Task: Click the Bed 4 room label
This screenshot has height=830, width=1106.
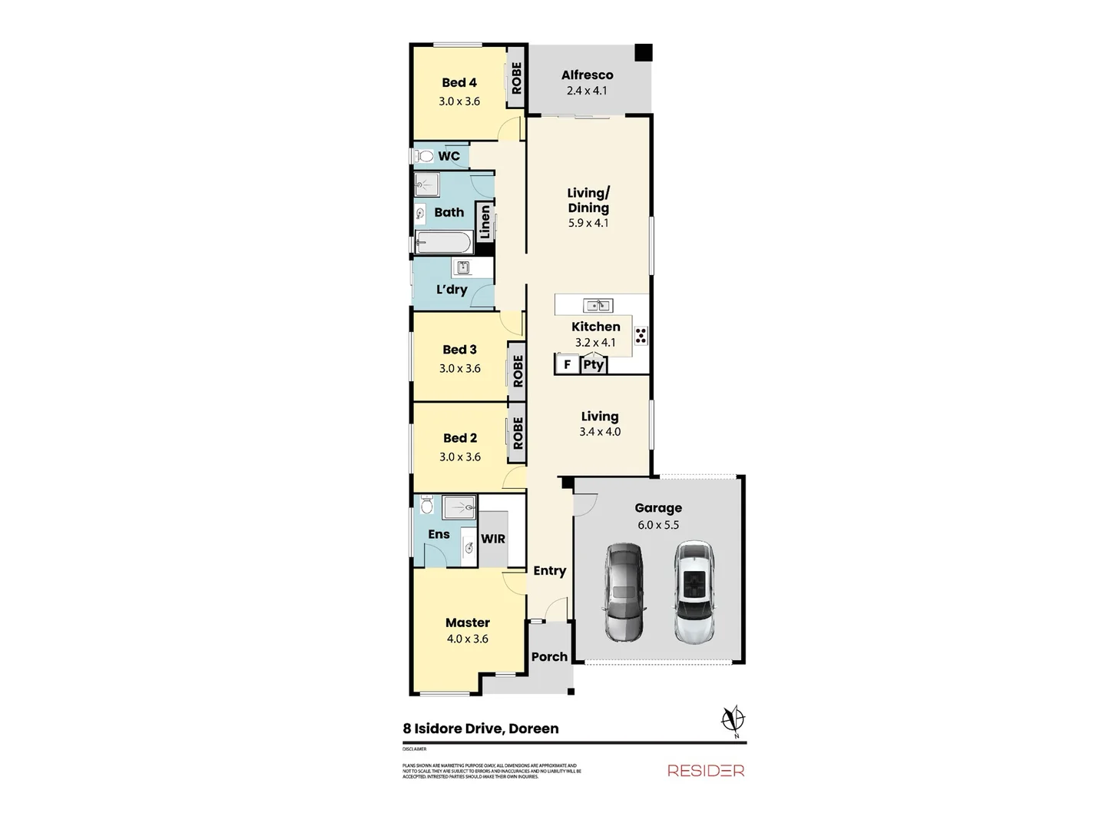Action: tap(459, 82)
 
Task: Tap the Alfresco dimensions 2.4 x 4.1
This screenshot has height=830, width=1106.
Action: tap(587, 91)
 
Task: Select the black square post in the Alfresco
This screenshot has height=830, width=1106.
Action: tap(643, 53)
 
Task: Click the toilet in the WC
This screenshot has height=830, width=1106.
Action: tap(424, 156)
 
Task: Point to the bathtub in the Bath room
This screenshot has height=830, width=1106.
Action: tap(443, 243)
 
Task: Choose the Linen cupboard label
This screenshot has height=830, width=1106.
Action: tap(485, 222)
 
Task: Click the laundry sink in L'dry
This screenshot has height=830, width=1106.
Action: tap(463, 267)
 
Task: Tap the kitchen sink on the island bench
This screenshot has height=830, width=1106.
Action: tap(598, 305)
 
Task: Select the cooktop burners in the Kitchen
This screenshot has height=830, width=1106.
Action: tap(641, 335)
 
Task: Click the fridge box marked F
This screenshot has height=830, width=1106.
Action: tap(567, 364)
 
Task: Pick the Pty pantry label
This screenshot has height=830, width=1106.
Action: tap(592, 364)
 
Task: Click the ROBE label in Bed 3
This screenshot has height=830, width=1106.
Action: tap(518, 370)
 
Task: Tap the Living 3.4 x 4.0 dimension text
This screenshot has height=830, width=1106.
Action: tap(600, 432)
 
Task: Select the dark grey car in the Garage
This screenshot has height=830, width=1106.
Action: tap(624, 592)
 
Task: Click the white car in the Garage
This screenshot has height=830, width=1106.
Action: tap(694, 592)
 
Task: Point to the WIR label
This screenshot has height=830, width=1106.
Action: tap(493, 539)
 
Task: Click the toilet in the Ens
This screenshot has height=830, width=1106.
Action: tap(427, 505)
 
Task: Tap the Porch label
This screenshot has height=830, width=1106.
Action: tap(549, 656)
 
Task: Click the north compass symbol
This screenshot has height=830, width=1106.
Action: tap(733, 720)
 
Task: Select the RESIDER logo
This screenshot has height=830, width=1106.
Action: tap(705, 770)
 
